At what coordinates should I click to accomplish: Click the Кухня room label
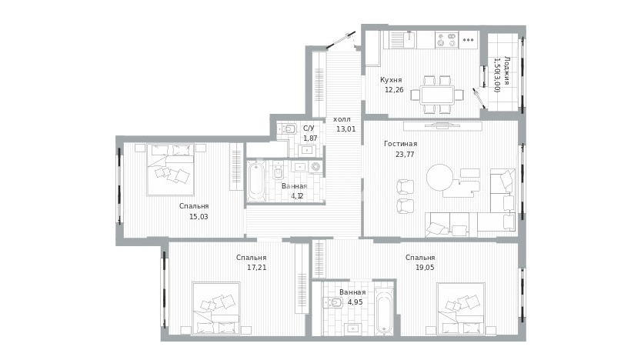391,80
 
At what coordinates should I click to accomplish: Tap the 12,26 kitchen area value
394,90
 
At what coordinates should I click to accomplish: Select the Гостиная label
401,144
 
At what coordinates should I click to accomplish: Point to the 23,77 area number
405,155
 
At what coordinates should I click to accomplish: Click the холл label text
342,119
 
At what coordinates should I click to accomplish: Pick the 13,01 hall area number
346,129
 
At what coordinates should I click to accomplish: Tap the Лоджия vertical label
507,70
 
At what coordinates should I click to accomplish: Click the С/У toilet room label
309,128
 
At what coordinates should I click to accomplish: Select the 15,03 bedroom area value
199,217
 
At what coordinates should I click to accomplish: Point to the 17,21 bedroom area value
257,268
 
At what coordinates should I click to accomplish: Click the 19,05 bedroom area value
425,268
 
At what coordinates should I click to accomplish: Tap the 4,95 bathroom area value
356,302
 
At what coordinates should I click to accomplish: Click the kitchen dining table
437,95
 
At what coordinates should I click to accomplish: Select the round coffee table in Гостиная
440,178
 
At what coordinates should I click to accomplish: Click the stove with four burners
446,40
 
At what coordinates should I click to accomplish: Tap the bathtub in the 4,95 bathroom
384,312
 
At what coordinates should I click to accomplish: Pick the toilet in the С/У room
289,129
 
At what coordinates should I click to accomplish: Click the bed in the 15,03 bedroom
170,169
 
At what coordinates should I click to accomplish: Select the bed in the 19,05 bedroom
461,309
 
